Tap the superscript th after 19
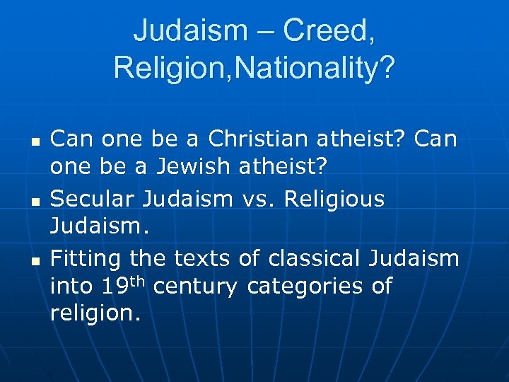click(137, 282)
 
